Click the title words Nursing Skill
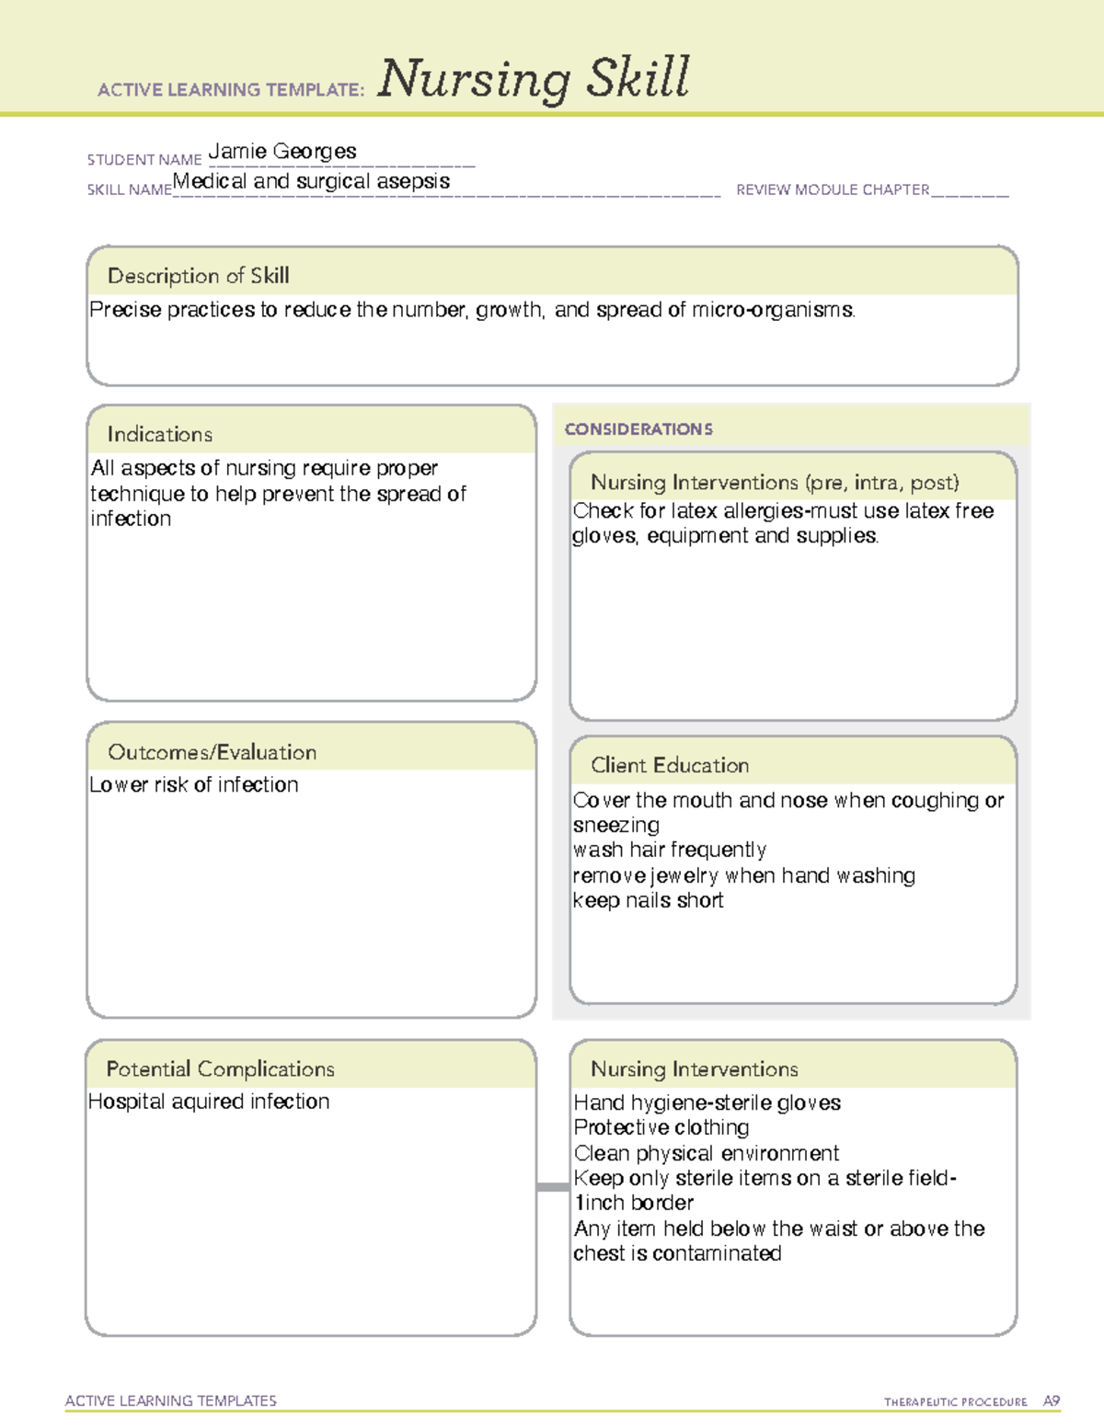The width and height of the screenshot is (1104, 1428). point(533,79)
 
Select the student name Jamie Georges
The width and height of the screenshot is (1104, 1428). point(282,152)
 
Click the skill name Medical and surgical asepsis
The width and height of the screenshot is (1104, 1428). point(312,181)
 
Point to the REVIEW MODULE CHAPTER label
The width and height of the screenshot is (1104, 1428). point(833,189)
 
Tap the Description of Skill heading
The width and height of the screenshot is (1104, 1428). point(198,276)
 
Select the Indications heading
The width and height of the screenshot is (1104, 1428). point(159,434)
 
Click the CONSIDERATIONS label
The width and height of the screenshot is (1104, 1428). point(638,429)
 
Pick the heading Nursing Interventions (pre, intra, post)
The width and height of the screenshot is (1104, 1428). point(775,483)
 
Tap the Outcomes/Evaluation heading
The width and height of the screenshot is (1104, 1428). point(212,752)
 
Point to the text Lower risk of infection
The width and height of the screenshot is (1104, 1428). point(194,785)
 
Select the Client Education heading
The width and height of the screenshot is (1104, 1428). point(670,765)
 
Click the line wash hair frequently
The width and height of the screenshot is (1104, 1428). point(669,850)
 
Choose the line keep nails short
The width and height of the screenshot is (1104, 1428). point(648,901)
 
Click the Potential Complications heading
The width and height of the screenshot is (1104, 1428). point(220,1069)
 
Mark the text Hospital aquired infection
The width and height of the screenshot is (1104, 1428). point(209,1102)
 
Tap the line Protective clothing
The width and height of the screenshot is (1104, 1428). point(661,1127)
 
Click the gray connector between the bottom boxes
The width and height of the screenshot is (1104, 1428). point(553,1187)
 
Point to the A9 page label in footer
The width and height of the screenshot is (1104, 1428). point(1051,1401)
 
